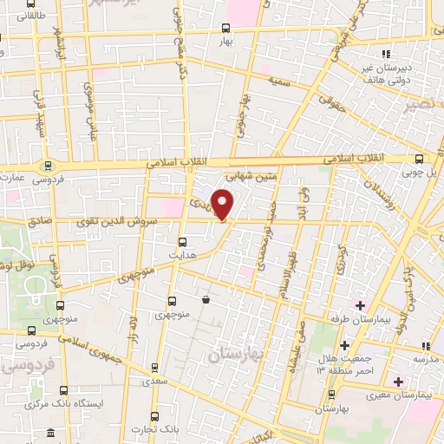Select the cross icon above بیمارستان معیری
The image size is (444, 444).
point(398,382)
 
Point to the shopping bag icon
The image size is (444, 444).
point(206,300)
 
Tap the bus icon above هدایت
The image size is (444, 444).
point(182,243)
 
